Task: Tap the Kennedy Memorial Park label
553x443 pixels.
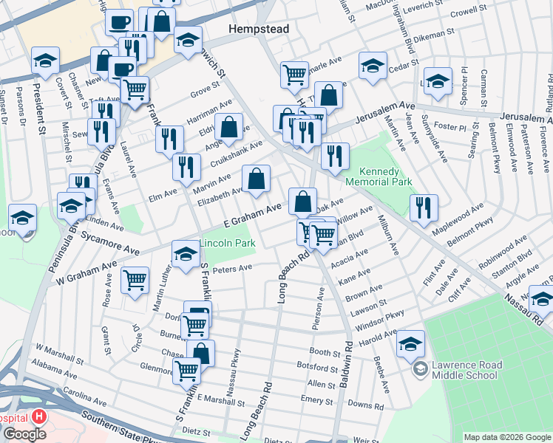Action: [380, 175]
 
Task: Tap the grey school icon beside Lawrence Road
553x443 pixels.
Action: [419, 369]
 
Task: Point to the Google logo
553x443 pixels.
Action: [24, 433]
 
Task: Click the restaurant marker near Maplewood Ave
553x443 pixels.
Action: [424, 207]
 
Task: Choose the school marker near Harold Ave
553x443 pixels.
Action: [411, 343]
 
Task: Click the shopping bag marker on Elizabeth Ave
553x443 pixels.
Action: [256, 179]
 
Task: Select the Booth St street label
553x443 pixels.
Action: [324, 353]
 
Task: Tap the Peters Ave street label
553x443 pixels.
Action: [233, 270]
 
